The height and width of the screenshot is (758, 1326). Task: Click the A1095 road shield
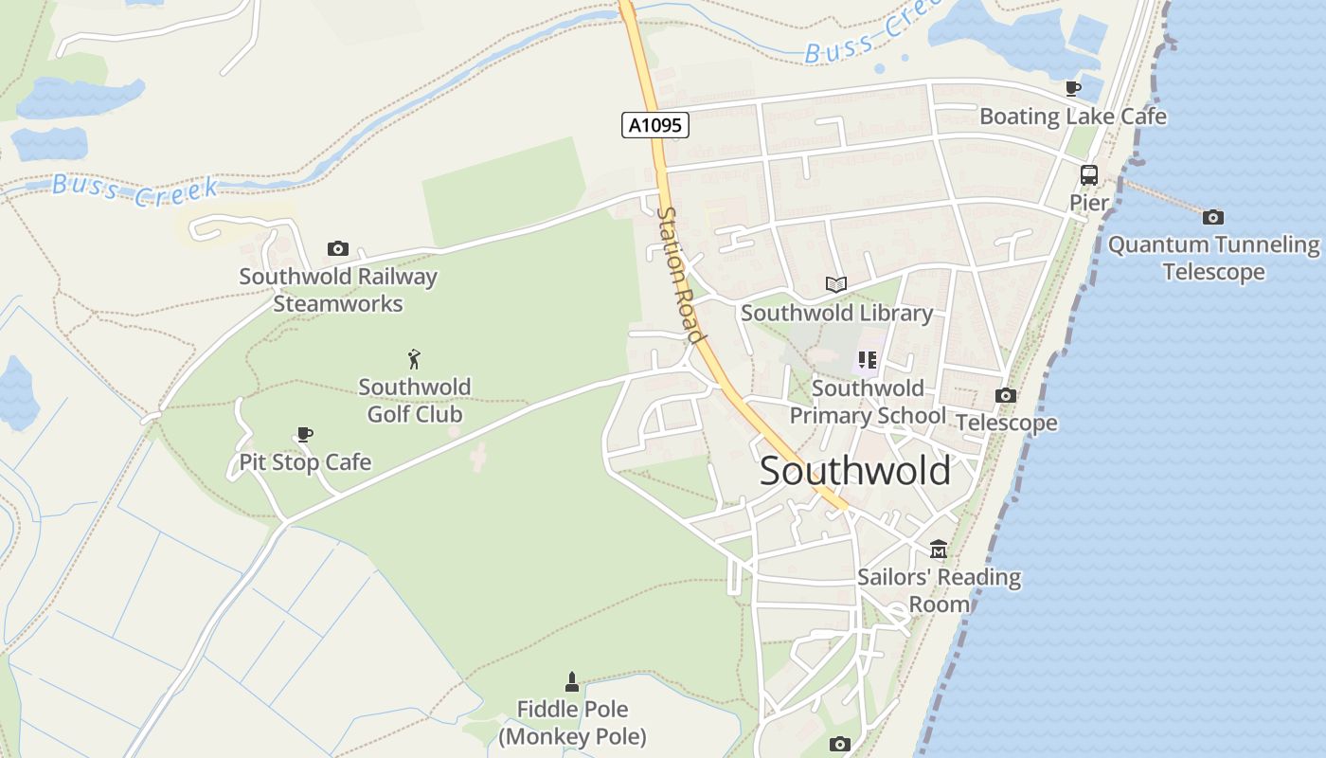click(x=654, y=125)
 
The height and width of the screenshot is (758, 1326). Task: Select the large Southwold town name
click(x=854, y=471)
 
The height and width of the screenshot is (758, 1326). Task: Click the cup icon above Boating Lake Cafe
click(x=1072, y=89)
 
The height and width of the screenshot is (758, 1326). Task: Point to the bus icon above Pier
click(x=1088, y=175)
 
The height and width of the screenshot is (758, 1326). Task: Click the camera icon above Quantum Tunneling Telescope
click(x=1212, y=218)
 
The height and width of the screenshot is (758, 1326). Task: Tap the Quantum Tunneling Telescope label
click(x=1213, y=259)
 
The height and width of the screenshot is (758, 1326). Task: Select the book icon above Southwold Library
click(x=835, y=284)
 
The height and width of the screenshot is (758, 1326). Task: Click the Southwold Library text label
click(x=836, y=313)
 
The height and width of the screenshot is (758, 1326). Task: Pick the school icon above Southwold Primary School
click(x=867, y=360)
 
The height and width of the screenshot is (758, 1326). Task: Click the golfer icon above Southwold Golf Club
click(x=414, y=359)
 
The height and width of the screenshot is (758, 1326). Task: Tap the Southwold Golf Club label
click(x=414, y=401)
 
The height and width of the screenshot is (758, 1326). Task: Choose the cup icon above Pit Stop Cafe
click(x=304, y=435)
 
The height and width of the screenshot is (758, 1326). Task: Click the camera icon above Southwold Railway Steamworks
click(x=337, y=249)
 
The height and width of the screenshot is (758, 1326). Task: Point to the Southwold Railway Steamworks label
click(x=338, y=290)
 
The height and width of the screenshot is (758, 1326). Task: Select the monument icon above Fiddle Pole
click(x=571, y=681)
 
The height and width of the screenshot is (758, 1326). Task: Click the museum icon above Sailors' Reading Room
click(x=939, y=550)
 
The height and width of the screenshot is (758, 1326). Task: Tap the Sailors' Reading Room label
click(x=939, y=590)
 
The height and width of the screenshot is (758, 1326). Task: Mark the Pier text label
click(x=1088, y=203)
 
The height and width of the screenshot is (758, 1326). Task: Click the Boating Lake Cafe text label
click(x=1072, y=117)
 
